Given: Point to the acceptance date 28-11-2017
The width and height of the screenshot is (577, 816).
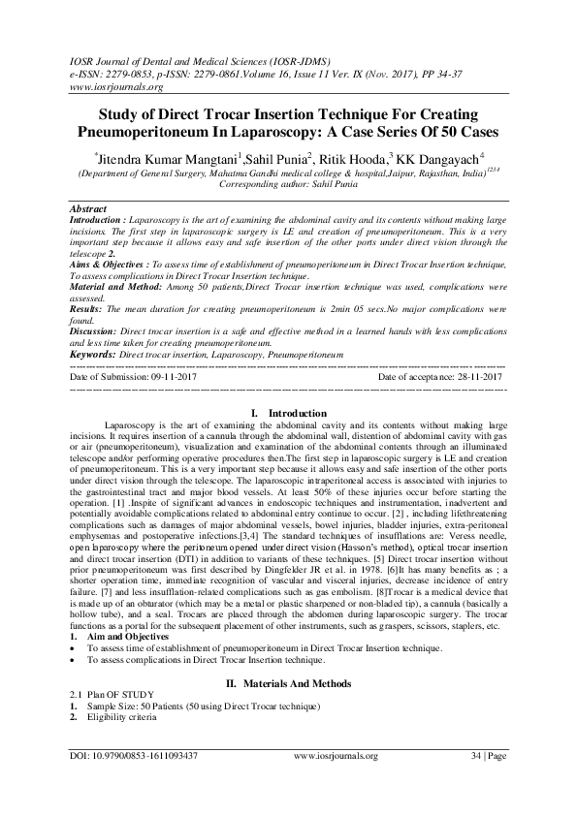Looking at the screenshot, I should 467,376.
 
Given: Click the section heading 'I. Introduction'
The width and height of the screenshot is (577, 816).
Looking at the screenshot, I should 288,415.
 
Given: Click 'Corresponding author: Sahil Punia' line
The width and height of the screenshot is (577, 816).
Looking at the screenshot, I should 288,181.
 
